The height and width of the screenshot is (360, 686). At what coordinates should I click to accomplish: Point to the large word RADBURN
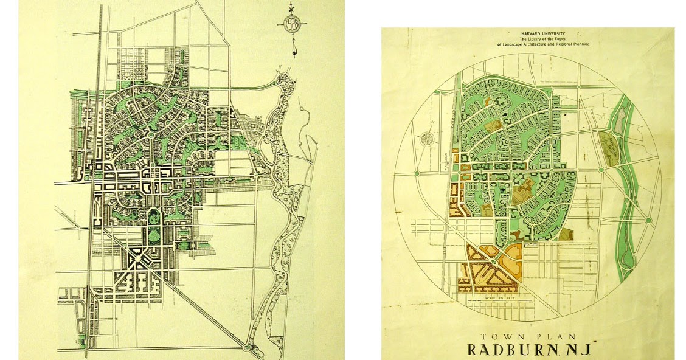(511, 350)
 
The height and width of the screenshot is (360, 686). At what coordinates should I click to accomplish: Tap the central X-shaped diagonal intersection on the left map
(139, 259)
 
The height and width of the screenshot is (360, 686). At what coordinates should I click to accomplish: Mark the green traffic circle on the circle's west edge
(417, 175)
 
